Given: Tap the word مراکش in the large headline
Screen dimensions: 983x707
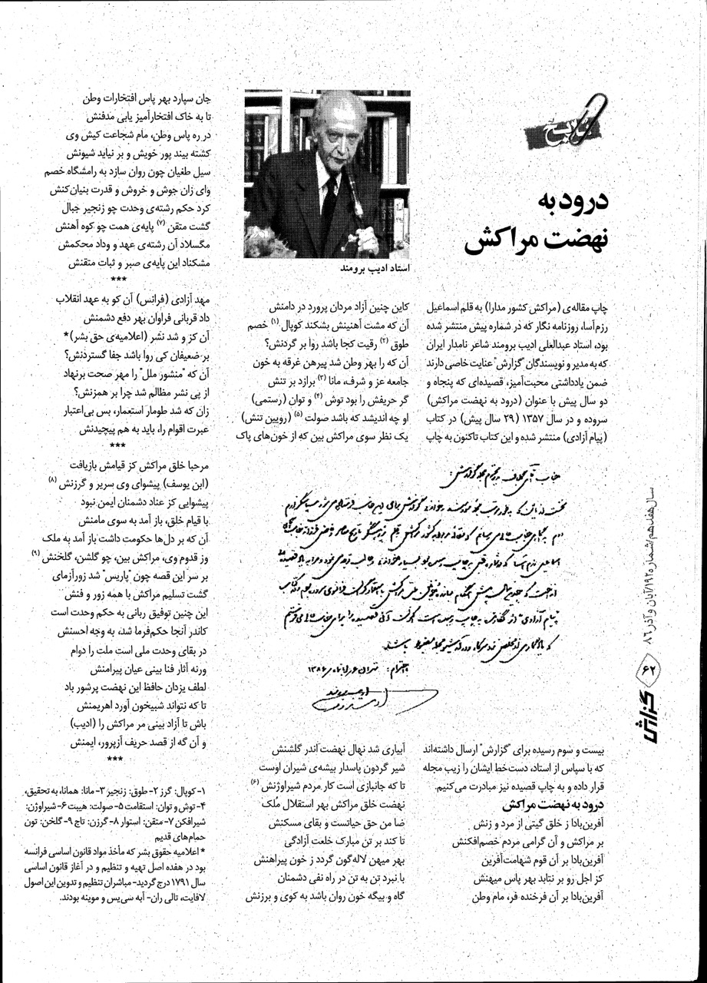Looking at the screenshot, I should point(511,243).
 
